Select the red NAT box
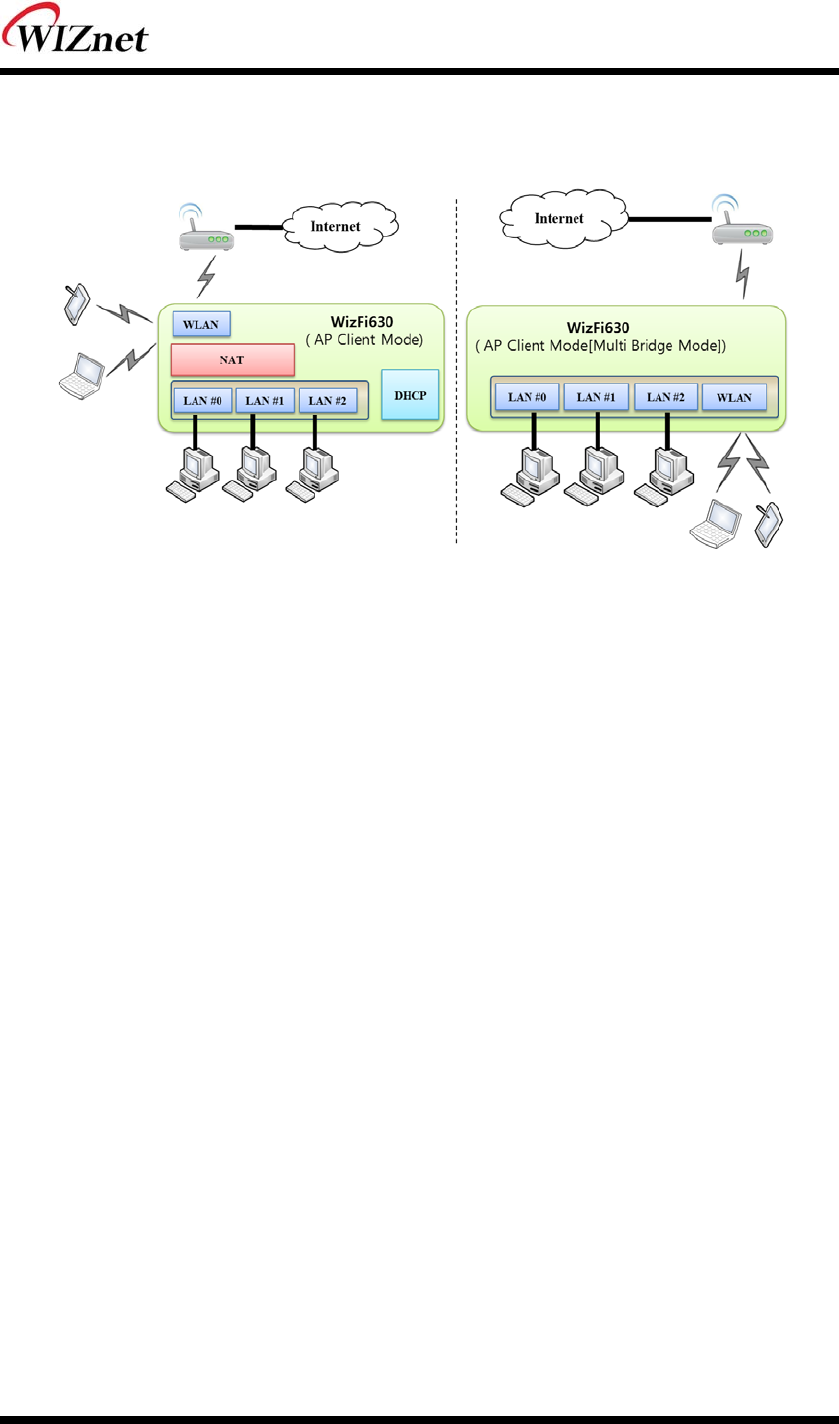[x=232, y=359]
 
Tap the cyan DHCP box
[x=410, y=395]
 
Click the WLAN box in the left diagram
[x=201, y=324]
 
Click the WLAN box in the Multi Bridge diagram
[x=734, y=397]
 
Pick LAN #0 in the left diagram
[x=202, y=401]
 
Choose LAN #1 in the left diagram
[x=265, y=401]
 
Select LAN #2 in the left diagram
[x=327, y=401]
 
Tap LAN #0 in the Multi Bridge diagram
[x=527, y=397]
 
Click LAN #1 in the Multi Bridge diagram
[x=596, y=397]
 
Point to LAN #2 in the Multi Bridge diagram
[x=665, y=397]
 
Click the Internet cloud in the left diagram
[x=336, y=227]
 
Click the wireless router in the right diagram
[x=743, y=227]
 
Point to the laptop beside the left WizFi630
[x=82, y=373]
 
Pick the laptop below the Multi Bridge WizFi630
[x=715, y=523]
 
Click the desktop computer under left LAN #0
[x=194, y=472]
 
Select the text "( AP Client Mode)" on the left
[x=364, y=340]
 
